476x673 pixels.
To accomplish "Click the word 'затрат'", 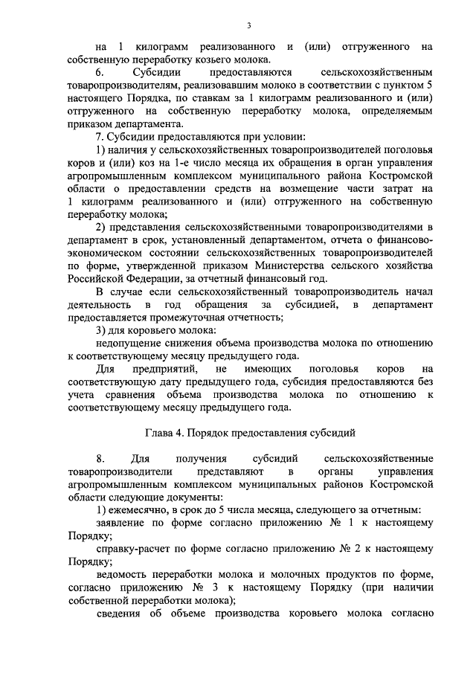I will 390,188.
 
